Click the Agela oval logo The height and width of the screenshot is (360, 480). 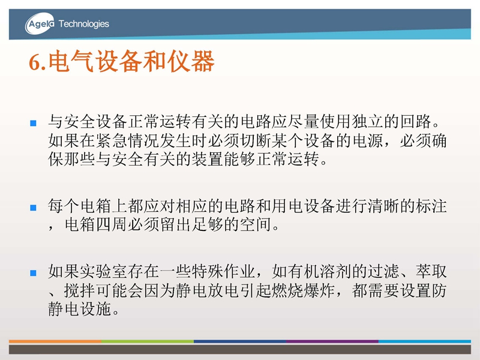tap(40, 23)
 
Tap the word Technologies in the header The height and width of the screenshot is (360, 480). tap(83, 24)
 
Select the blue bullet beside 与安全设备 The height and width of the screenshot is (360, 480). tap(33, 124)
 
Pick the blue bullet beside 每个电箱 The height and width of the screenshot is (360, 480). tap(33, 208)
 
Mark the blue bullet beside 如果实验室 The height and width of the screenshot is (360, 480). tap(33, 273)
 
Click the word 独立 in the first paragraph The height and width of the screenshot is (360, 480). tap(368, 122)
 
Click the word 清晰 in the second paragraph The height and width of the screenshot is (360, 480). tap(383, 206)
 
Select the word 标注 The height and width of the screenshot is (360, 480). tap(431, 206)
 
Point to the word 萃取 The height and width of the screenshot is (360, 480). tap(431, 271)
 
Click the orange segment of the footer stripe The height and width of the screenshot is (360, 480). tap(55, 341)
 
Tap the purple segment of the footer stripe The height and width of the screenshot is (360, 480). tap(332, 341)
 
